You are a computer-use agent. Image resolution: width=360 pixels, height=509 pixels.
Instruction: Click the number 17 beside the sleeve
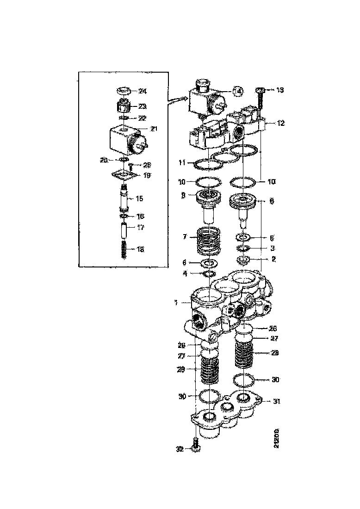pyautogui.click(x=140, y=227)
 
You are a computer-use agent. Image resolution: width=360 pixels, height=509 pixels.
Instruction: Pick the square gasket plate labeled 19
pyautogui.click(x=123, y=175)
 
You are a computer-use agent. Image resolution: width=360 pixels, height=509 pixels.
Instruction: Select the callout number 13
pyautogui.click(x=280, y=90)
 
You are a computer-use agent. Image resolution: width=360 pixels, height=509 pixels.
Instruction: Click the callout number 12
pyautogui.click(x=281, y=123)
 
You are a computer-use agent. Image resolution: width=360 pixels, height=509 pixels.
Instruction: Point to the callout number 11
pyautogui.click(x=183, y=163)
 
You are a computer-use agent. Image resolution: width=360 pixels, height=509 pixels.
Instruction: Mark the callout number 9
pyautogui.click(x=183, y=196)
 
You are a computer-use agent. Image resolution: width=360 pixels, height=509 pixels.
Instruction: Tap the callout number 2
pyautogui.click(x=273, y=259)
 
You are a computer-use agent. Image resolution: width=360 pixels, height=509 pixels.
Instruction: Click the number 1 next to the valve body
pyautogui.click(x=176, y=303)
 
